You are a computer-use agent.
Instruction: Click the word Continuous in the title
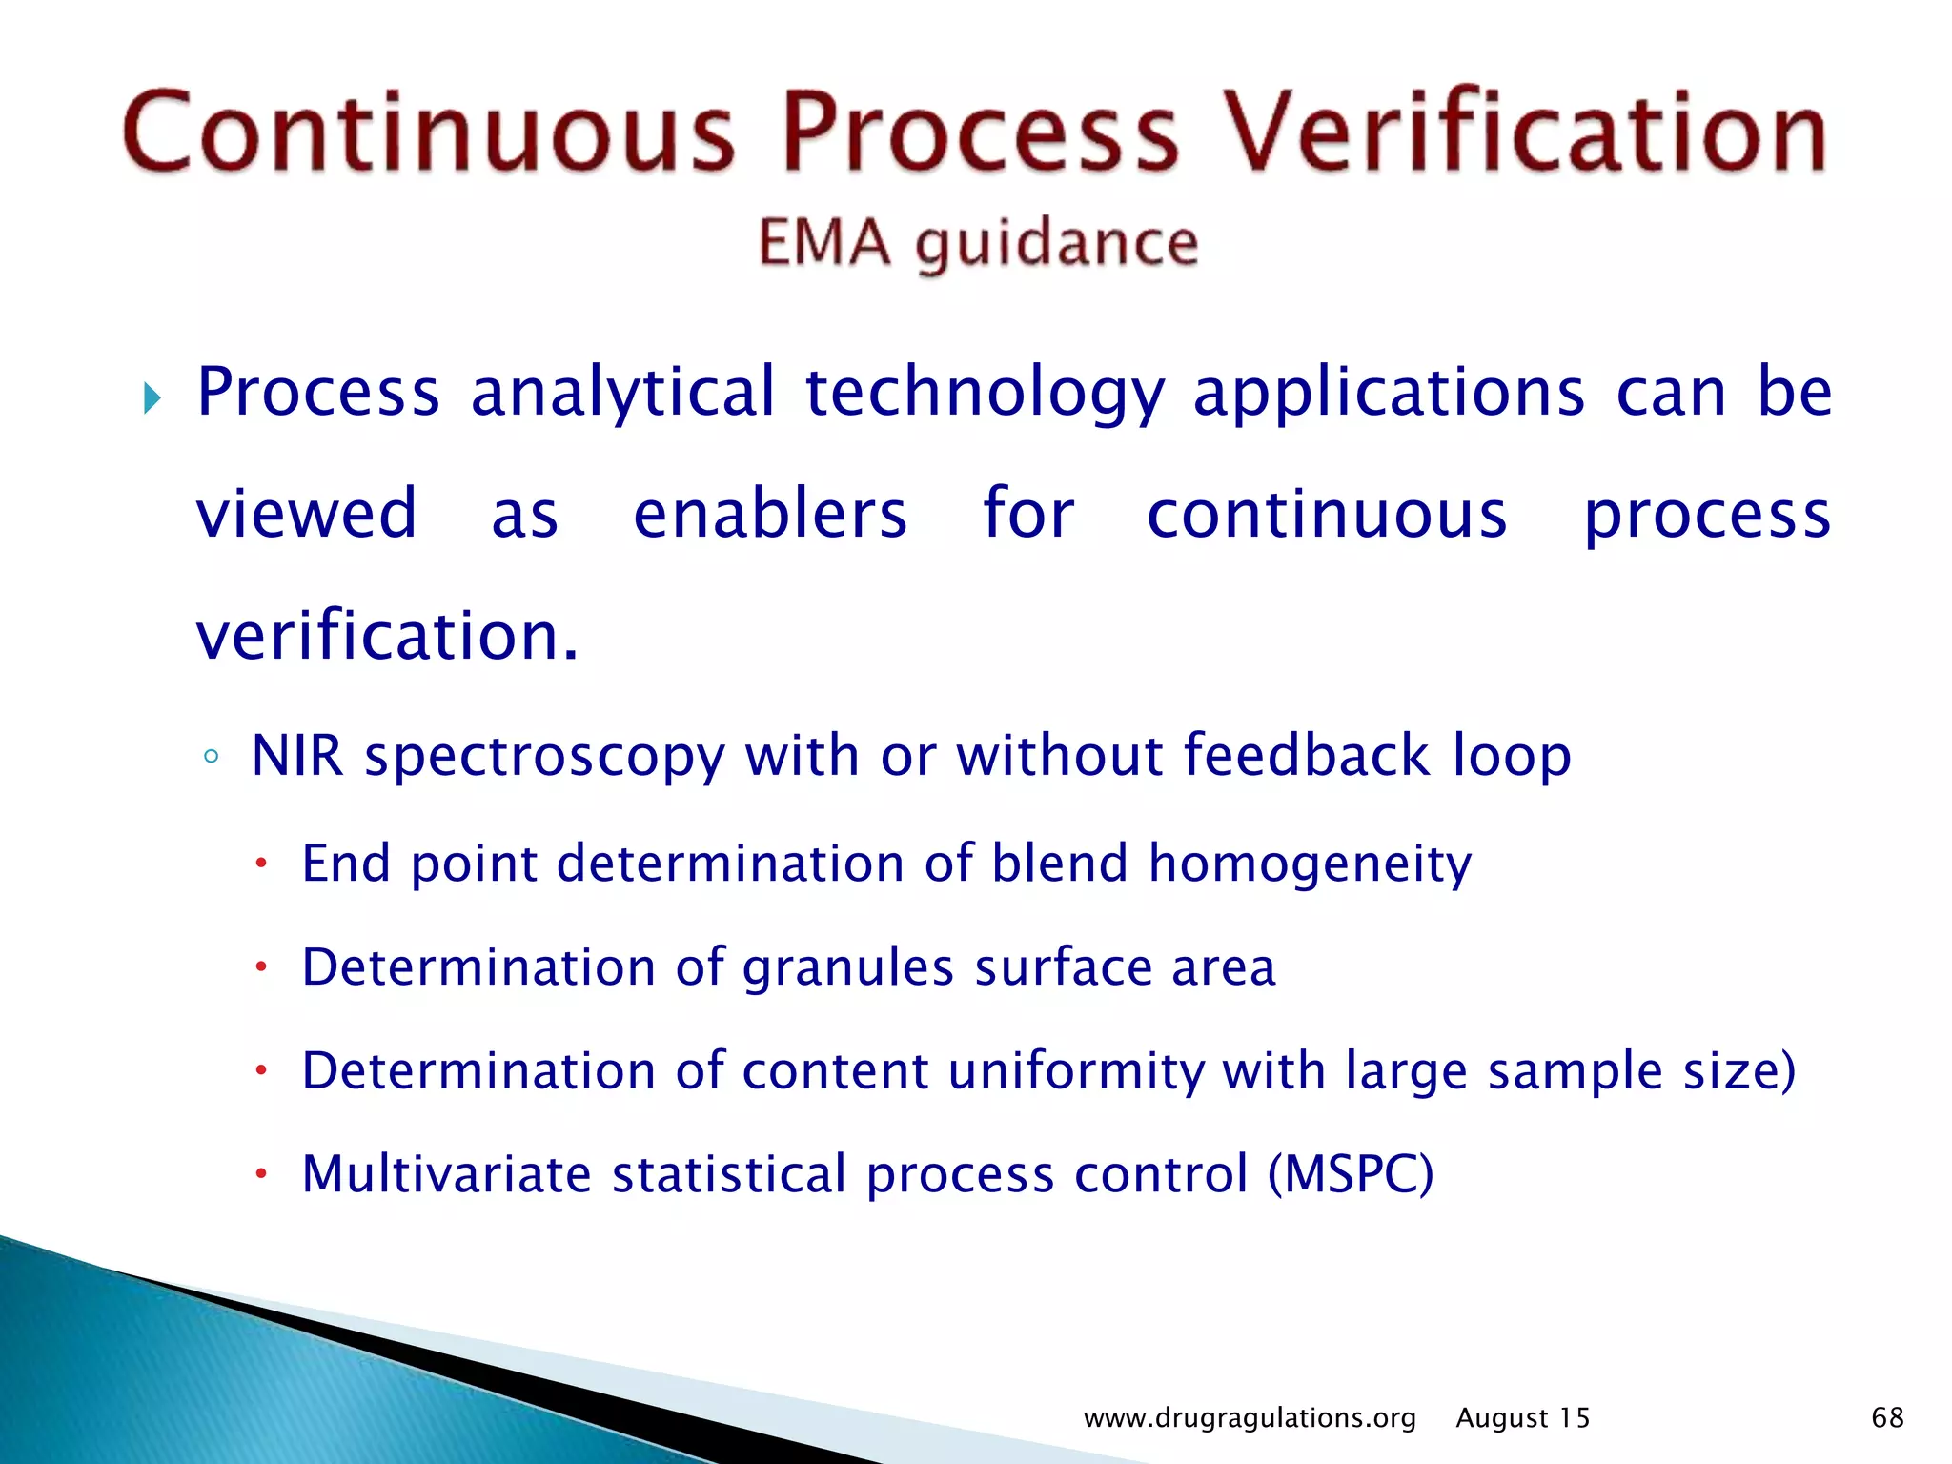(429, 132)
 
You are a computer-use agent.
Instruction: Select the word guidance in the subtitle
(1056, 244)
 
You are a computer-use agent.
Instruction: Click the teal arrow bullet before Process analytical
(152, 396)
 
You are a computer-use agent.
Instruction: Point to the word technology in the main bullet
(986, 393)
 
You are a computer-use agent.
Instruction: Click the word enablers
(770, 515)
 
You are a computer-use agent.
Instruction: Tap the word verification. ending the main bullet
(387, 637)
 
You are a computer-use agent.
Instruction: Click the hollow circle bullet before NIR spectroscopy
(212, 758)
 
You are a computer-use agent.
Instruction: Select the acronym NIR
(296, 756)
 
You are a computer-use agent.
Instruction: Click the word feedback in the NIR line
(1306, 756)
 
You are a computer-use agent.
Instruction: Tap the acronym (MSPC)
(1350, 1174)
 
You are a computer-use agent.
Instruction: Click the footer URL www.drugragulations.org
(1250, 1418)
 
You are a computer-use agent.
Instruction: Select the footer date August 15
(1522, 1418)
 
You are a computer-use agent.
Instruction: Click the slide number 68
(1887, 1417)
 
